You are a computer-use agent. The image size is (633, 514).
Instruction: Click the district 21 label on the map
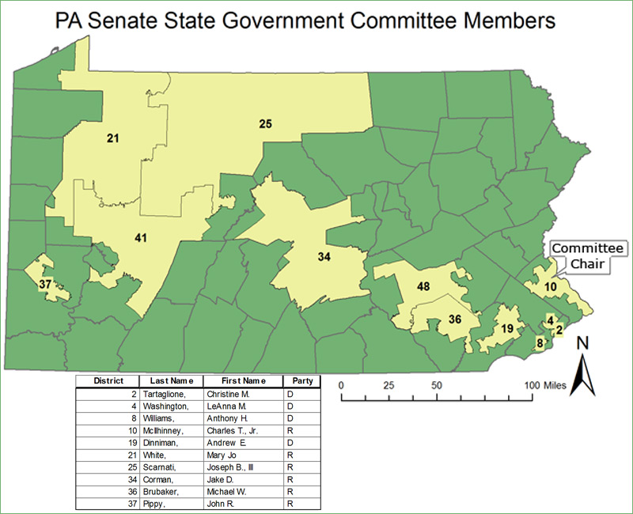112,138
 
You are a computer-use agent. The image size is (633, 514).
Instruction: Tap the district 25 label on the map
266,123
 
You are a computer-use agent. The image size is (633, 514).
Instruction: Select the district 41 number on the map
141,237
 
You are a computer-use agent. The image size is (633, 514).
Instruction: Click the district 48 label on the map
423,286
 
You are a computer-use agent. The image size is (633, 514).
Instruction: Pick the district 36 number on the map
454,319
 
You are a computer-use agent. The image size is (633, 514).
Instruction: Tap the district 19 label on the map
507,328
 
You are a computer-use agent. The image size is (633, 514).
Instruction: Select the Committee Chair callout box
587,255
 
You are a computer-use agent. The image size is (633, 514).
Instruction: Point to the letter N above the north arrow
583,343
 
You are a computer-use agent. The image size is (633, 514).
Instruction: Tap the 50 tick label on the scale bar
436,384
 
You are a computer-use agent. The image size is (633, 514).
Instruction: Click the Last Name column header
171,380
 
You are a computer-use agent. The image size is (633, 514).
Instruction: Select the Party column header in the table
301,380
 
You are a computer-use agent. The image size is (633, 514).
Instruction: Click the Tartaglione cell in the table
168,393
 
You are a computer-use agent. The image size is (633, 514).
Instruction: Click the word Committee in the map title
404,21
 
